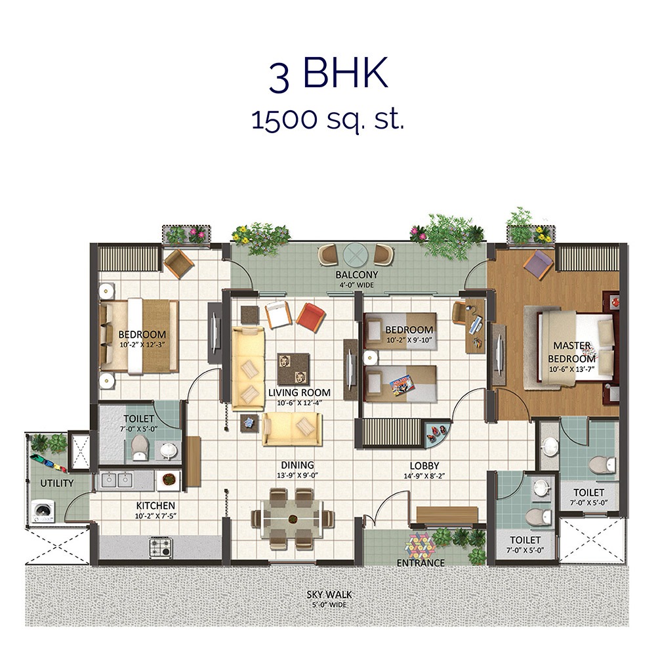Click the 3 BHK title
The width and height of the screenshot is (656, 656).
click(328, 76)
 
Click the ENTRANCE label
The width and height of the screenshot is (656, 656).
click(420, 563)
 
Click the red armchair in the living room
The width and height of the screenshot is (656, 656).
click(310, 316)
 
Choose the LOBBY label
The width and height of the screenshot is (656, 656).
click(424, 466)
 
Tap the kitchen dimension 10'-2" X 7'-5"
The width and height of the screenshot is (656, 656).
click(155, 516)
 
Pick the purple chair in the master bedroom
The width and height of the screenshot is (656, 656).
click(539, 263)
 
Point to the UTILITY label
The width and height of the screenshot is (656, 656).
click(56, 483)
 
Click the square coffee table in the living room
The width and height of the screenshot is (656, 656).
click(293, 369)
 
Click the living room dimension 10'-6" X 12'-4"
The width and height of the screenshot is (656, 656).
click(295, 403)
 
